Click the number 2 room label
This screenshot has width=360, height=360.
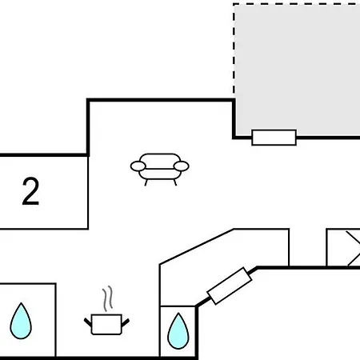(x=30, y=191)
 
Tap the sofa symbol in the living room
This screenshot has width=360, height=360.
(x=160, y=170)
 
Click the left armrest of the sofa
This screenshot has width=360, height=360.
(x=138, y=166)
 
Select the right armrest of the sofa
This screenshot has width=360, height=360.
(x=182, y=166)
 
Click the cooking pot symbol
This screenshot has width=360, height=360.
(x=106, y=324)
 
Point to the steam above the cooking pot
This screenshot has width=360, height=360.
(x=108, y=298)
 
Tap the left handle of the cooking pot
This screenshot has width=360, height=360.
(x=88, y=322)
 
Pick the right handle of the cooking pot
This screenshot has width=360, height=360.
(x=126, y=322)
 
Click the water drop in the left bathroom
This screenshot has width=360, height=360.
(x=21, y=321)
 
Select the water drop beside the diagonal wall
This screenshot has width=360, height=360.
(x=178, y=331)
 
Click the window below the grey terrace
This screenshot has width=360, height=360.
(x=274, y=138)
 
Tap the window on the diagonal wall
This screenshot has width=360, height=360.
(x=230, y=286)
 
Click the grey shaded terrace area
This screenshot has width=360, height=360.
(x=298, y=70)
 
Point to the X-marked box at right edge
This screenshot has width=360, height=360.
(x=343, y=248)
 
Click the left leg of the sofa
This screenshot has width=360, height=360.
(x=146, y=182)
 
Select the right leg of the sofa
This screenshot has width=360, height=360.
(x=175, y=182)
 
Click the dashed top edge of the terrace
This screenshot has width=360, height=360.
(x=297, y=4)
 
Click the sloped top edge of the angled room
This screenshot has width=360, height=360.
(x=197, y=246)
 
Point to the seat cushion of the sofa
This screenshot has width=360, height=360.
(x=160, y=174)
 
